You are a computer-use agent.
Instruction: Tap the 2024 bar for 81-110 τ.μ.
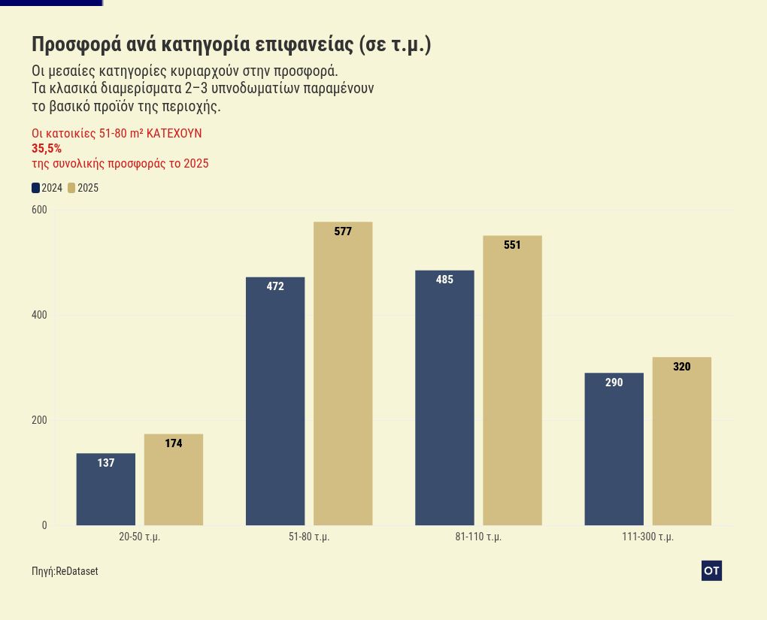(444, 398)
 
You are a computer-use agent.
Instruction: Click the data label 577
(343, 231)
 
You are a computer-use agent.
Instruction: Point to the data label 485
(444, 280)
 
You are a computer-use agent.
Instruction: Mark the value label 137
(106, 463)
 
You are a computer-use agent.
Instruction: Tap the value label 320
(681, 367)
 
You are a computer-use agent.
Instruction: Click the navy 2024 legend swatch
(35, 188)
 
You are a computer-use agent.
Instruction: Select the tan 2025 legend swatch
(71, 188)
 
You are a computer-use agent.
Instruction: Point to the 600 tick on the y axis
(39, 210)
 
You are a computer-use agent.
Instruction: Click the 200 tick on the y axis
(39, 420)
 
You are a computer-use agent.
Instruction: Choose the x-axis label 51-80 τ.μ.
(309, 537)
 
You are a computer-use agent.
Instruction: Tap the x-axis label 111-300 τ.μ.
(647, 537)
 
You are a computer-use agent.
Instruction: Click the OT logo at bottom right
(711, 571)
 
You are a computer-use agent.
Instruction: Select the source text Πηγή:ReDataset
(65, 572)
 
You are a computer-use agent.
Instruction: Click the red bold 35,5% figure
(47, 149)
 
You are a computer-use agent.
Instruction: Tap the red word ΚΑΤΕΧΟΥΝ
(174, 134)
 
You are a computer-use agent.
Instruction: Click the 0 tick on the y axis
(44, 525)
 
